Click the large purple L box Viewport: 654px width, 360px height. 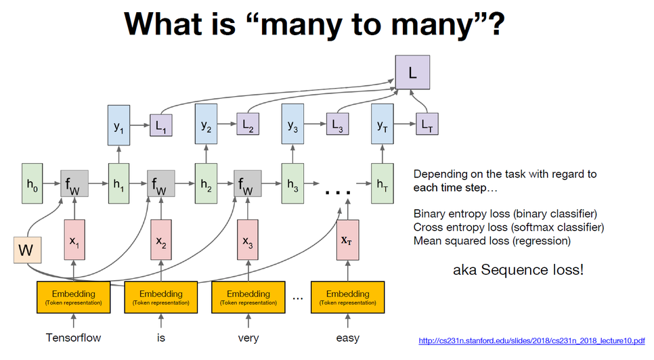[413, 70]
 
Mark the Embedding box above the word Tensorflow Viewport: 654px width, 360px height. [72, 297]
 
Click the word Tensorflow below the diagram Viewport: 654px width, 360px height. [72, 338]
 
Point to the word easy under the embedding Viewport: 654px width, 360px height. [347, 338]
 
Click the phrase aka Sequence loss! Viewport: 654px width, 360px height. [518, 270]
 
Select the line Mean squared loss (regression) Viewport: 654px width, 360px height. [492, 240]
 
